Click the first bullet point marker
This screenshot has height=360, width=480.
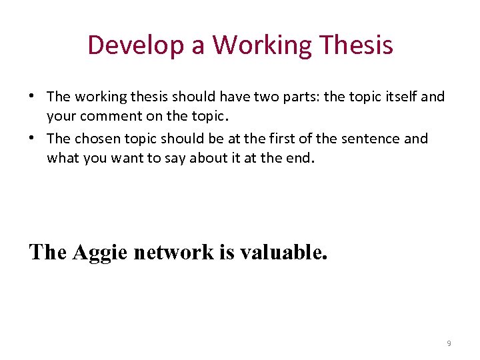click(x=32, y=95)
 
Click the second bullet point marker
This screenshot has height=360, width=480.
click(x=32, y=138)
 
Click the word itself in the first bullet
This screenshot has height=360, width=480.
click(x=399, y=97)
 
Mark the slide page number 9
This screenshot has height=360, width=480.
click(x=449, y=343)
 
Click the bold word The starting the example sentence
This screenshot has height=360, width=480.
click(x=47, y=253)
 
